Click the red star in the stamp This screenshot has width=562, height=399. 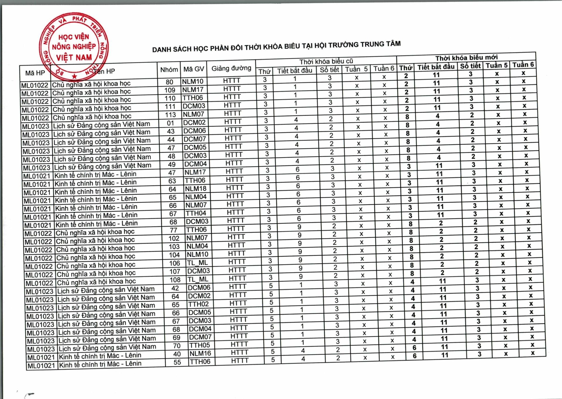click(x=75, y=77)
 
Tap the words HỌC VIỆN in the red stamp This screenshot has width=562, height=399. click(x=73, y=37)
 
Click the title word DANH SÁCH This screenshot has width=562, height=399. click(x=172, y=49)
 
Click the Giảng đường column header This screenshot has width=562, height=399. click(x=231, y=68)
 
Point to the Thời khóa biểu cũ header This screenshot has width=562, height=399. click(x=326, y=61)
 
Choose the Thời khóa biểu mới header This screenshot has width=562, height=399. click(x=466, y=57)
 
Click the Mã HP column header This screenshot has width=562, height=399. click(x=35, y=73)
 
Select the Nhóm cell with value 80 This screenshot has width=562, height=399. click(x=169, y=82)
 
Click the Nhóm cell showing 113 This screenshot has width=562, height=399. click(x=170, y=115)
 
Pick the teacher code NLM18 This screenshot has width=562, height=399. click(x=196, y=189)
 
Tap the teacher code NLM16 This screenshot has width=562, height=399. click(x=200, y=353)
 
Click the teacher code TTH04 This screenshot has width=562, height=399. click(x=196, y=213)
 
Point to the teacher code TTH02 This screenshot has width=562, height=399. click(x=199, y=304)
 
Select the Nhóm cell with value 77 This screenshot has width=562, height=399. click(x=173, y=230)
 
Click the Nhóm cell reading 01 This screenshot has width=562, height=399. click(x=171, y=123)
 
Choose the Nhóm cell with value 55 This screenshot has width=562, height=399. click(x=177, y=362)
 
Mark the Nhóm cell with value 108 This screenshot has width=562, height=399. click(x=175, y=280)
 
